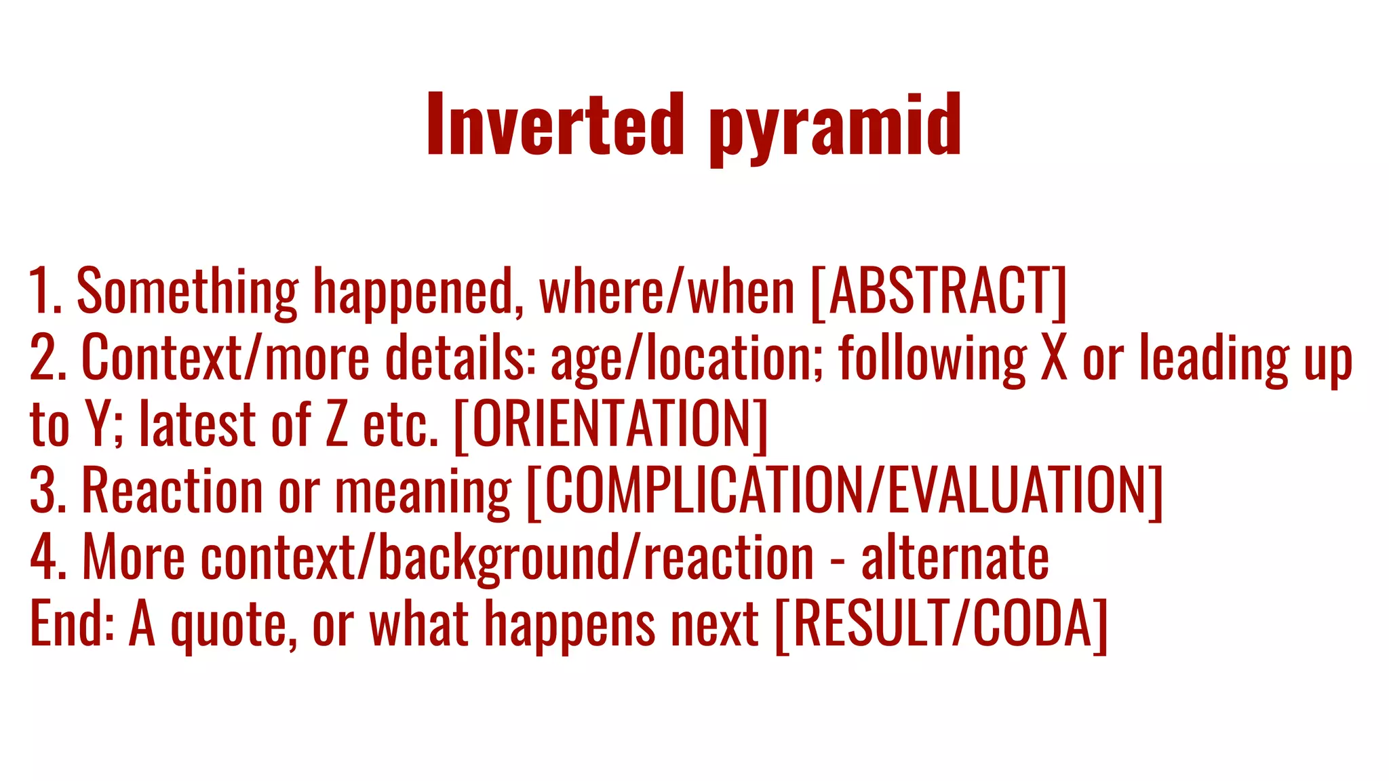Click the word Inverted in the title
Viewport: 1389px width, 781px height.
click(555, 125)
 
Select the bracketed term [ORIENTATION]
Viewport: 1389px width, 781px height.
click(611, 424)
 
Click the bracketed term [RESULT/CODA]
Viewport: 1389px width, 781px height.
click(941, 624)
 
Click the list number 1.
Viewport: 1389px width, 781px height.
click(42, 292)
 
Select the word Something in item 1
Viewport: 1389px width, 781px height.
click(187, 292)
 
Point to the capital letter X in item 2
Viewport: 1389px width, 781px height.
click(1054, 358)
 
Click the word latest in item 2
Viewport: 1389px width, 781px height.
click(197, 424)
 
